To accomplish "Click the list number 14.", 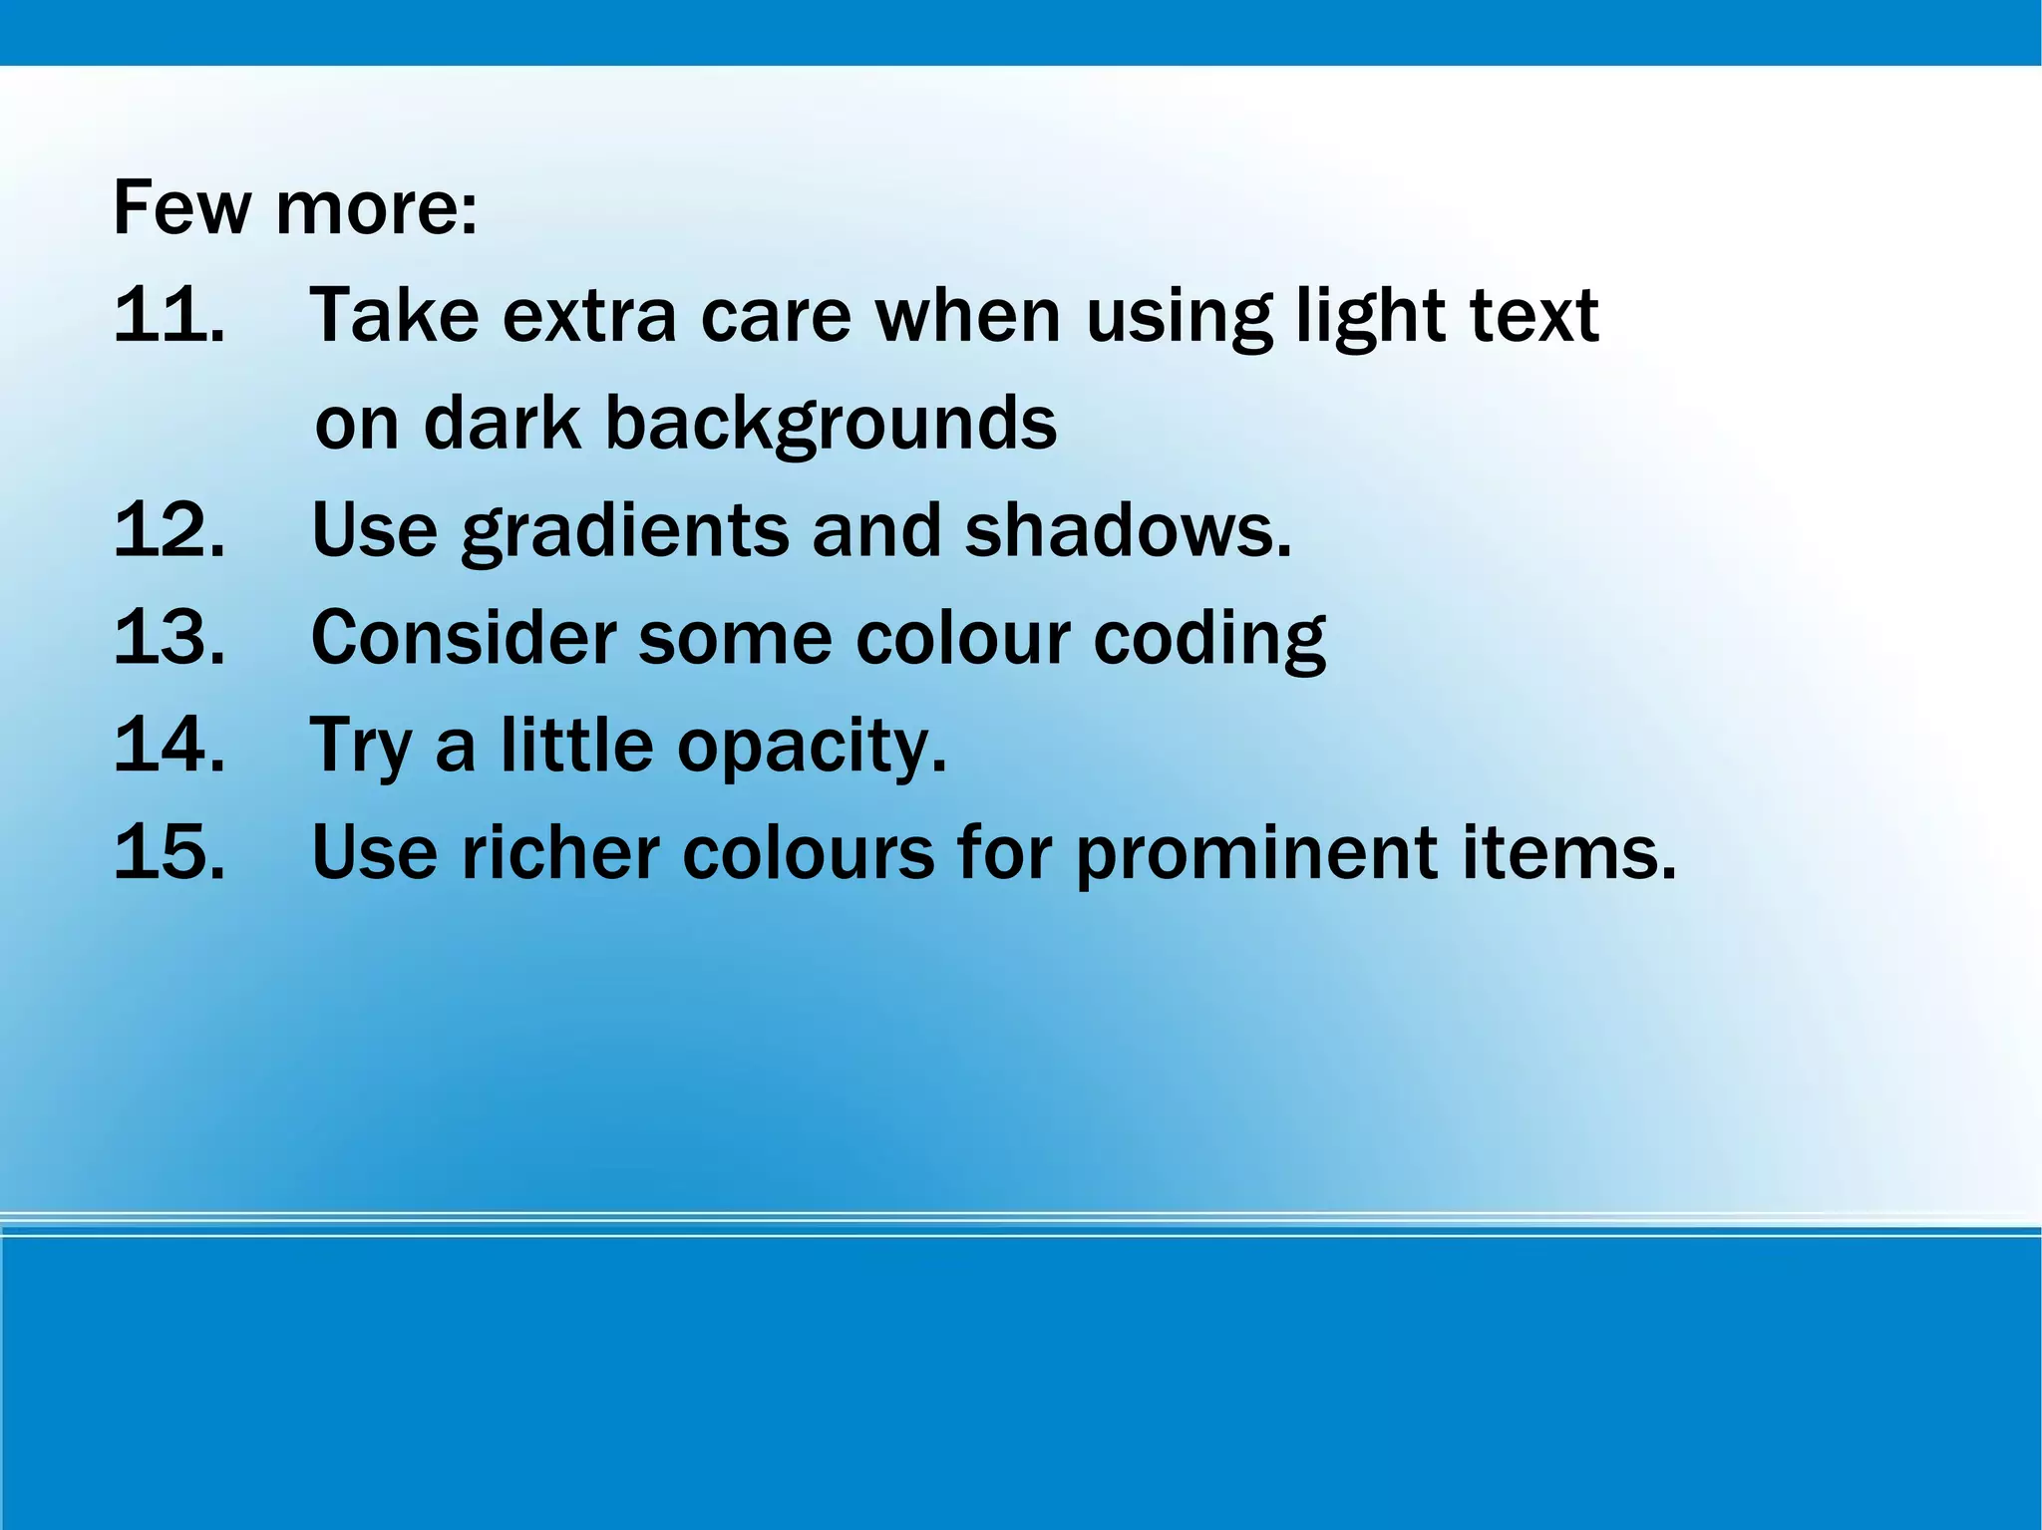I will (169, 745).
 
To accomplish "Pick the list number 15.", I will (169, 852).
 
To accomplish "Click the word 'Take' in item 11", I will (395, 315).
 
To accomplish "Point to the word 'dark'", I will (502, 423).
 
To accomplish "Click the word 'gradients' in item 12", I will (624, 532).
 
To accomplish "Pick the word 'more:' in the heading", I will (377, 209).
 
